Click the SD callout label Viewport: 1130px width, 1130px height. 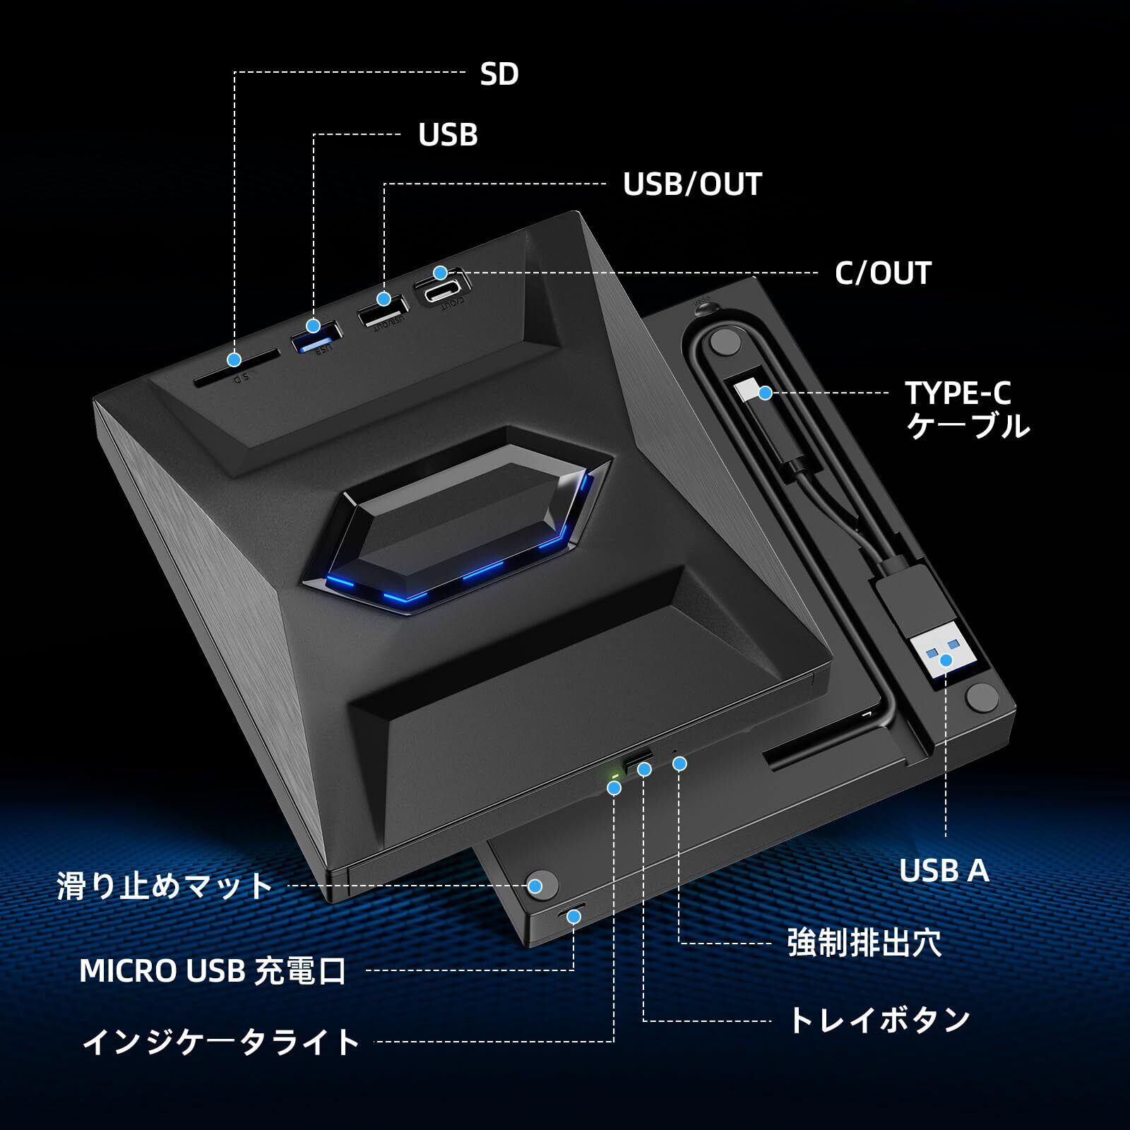499,73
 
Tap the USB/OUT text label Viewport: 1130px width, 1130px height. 691,184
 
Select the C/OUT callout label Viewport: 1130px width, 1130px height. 883,273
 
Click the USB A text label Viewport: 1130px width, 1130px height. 944,871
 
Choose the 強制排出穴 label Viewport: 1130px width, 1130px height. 864,944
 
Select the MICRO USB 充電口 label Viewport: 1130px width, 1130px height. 213,971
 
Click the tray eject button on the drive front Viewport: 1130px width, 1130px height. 638,761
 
